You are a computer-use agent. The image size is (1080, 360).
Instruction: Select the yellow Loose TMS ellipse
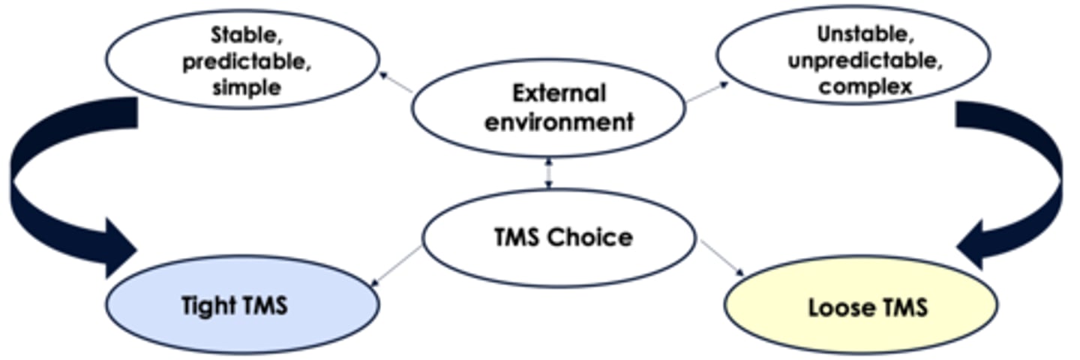click(861, 306)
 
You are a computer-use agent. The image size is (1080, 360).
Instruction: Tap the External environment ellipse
click(547, 107)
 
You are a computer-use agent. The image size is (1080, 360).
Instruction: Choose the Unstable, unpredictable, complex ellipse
click(853, 54)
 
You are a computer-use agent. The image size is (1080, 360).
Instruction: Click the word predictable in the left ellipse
click(247, 61)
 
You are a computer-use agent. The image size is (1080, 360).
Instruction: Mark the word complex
click(865, 85)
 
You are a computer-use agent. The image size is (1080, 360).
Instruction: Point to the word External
click(559, 94)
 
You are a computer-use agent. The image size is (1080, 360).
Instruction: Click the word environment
click(559, 121)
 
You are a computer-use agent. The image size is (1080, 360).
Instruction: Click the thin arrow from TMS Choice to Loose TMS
click(721, 259)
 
